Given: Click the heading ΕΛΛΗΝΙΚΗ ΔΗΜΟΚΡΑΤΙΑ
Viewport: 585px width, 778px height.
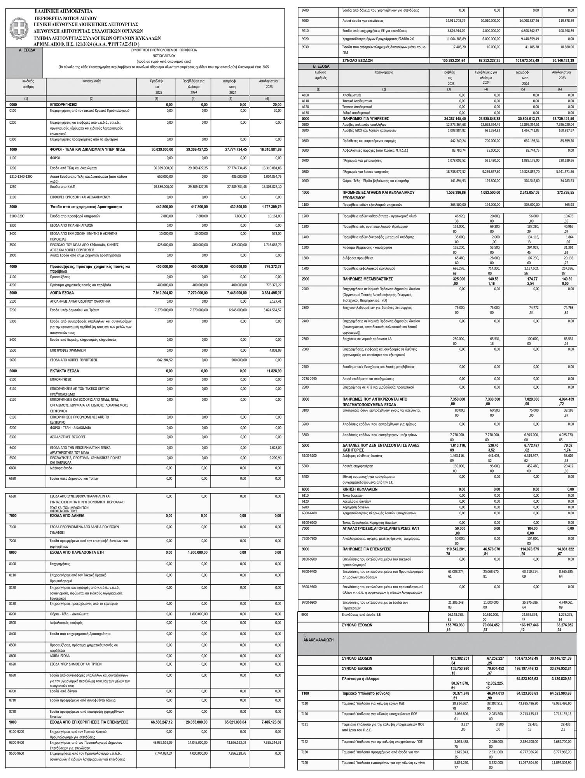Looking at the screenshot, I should pos(64,11).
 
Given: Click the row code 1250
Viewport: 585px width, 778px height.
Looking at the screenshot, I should pos(14,187).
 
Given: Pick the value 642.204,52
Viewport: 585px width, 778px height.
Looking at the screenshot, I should pos(163,360).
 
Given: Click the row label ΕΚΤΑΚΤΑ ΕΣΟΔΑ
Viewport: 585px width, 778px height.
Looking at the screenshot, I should pos(65,371).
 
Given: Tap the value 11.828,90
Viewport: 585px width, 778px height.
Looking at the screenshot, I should pos(274,371).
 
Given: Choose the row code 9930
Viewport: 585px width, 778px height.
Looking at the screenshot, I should pos(306,47).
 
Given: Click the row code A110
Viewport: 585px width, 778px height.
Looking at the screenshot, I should pos(306,101).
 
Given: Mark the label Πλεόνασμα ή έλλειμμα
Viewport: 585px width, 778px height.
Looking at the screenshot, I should pos(361,679).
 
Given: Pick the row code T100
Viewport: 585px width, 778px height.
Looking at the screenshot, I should pos(305,694).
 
